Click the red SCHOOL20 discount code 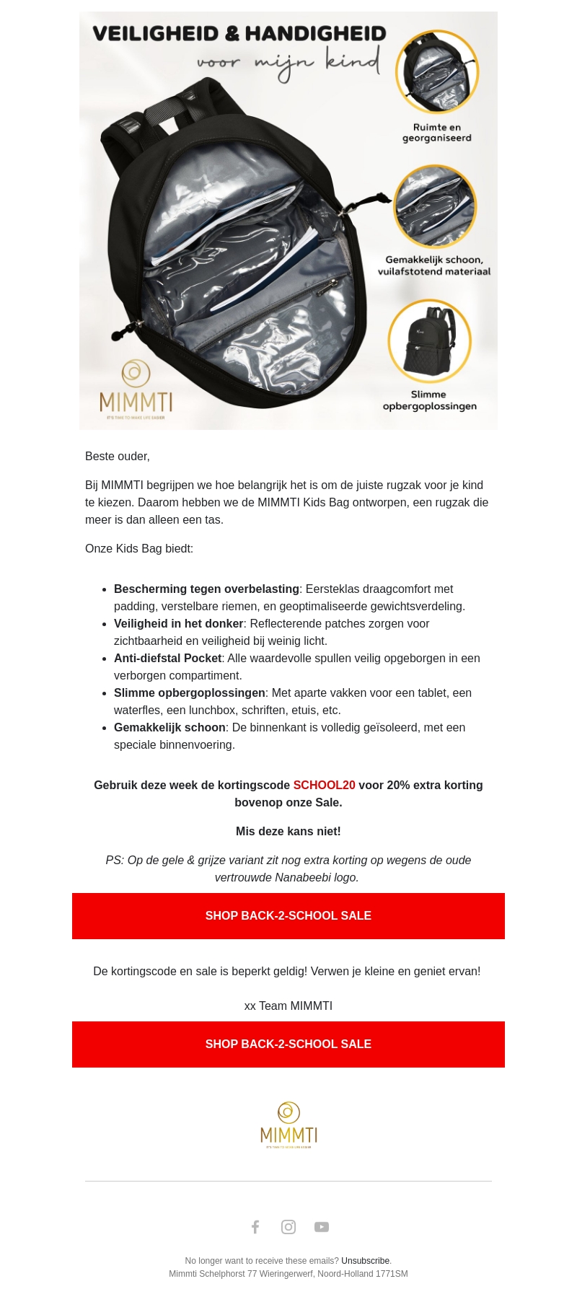coord(324,785)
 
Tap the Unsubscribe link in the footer coord(366,1261)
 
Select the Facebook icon coord(255,1227)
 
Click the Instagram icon coord(288,1227)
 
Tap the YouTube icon coord(322,1227)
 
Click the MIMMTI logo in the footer coord(288,1125)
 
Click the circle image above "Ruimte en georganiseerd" coord(436,71)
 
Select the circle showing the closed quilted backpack coord(429,341)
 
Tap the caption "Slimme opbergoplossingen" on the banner coord(429,400)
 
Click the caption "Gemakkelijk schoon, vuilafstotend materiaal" coord(434,265)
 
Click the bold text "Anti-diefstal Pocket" coord(167,658)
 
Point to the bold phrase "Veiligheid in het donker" coord(178,623)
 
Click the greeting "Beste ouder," coord(118,456)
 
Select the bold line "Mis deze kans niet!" coord(288,831)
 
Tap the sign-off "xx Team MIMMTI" coord(288,1006)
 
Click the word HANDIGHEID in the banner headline coord(315,33)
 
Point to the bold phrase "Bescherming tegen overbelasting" coord(206,589)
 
